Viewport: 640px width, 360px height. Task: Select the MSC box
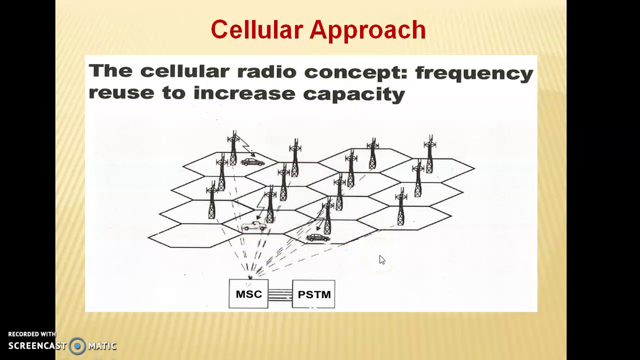tap(248, 294)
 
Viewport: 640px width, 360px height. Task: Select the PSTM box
tap(313, 294)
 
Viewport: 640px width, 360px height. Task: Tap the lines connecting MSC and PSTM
tap(280, 294)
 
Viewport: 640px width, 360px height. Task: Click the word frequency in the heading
tap(474, 73)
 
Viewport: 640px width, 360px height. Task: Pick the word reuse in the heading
tap(121, 93)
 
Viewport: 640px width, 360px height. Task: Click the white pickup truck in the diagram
tap(254, 226)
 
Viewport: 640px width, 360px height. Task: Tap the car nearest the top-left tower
tap(252, 162)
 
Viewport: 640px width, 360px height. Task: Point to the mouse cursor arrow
tap(382, 259)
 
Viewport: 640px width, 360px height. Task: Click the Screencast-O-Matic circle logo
tap(77, 345)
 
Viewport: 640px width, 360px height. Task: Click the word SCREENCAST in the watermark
tap(37, 345)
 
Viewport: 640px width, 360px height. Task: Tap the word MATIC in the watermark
tap(102, 345)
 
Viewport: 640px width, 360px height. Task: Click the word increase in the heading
tap(244, 93)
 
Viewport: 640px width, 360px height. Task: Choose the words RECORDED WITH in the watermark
tap(32, 334)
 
